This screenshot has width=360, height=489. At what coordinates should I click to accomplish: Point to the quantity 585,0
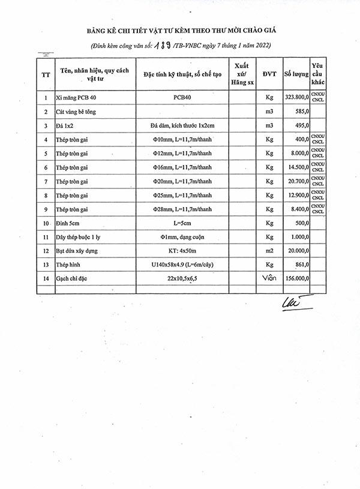[x=301, y=111]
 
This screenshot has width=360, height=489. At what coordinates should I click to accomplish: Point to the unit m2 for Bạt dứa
[x=269, y=251]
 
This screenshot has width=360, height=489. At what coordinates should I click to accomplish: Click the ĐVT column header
[x=269, y=74]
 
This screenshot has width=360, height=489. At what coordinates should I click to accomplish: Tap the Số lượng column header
[x=296, y=74]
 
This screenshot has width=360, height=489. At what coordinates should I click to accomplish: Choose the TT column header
[x=46, y=74]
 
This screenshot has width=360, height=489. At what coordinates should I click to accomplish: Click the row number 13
[x=46, y=265]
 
